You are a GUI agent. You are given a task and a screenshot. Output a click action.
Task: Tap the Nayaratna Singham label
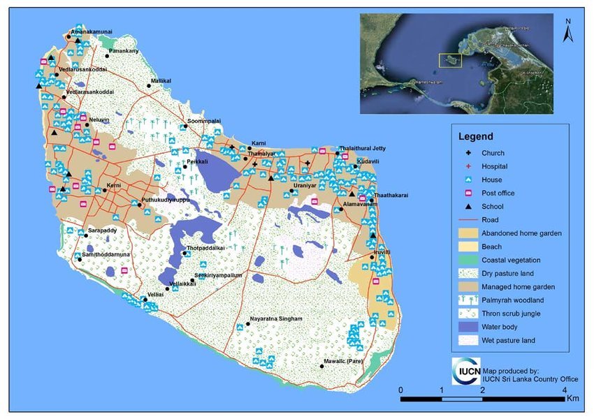(x=277, y=319)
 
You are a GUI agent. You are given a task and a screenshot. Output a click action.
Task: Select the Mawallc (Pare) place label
(x=343, y=362)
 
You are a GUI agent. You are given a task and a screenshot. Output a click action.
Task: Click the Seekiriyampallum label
(x=218, y=275)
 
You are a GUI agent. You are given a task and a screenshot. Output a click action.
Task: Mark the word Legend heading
(x=475, y=136)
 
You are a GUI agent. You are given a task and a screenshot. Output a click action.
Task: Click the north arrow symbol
(x=568, y=31)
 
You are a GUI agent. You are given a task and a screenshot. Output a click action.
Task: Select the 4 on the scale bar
(x=565, y=389)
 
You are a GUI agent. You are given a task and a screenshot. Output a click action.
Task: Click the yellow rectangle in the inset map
(x=451, y=61)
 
